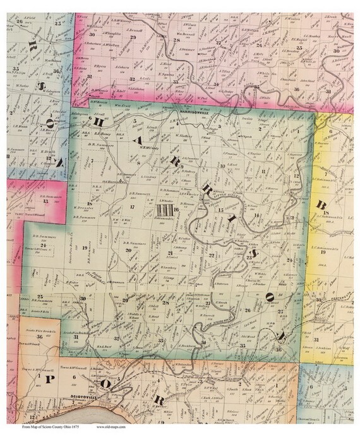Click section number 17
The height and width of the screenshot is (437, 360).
(x=132, y=207)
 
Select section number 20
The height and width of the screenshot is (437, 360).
(x=128, y=250)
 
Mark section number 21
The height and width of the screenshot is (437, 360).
(x=170, y=253)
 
